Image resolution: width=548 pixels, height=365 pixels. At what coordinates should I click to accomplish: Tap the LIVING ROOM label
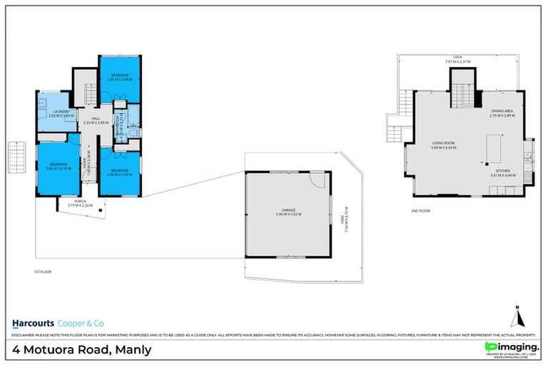coord(443,145)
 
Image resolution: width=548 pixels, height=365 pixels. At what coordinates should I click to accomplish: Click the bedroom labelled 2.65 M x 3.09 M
coord(118,78)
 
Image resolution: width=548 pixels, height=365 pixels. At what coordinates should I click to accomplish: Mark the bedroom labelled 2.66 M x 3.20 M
coord(118,172)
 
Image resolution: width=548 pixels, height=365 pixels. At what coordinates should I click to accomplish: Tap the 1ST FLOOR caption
coord(44,272)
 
